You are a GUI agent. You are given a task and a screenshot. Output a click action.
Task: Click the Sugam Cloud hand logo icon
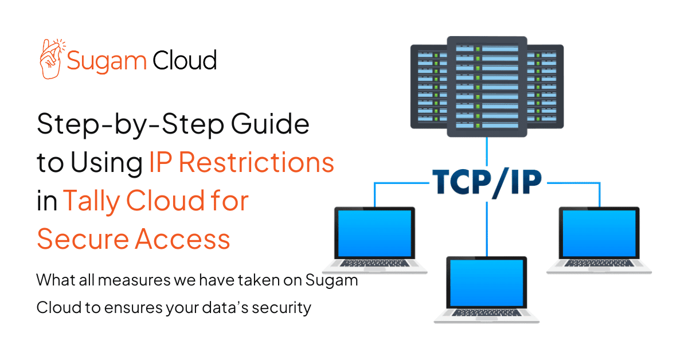tap(50, 58)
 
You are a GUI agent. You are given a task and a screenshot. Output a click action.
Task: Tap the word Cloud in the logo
tap(185, 60)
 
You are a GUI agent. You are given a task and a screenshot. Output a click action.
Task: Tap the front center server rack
tap(487, 86)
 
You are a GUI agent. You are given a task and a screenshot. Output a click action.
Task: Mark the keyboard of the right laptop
tap(599, 264)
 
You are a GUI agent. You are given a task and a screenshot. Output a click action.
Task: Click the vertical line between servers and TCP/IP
tap(487, 154)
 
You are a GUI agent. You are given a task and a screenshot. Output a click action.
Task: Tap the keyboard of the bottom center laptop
tap(487, 315)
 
